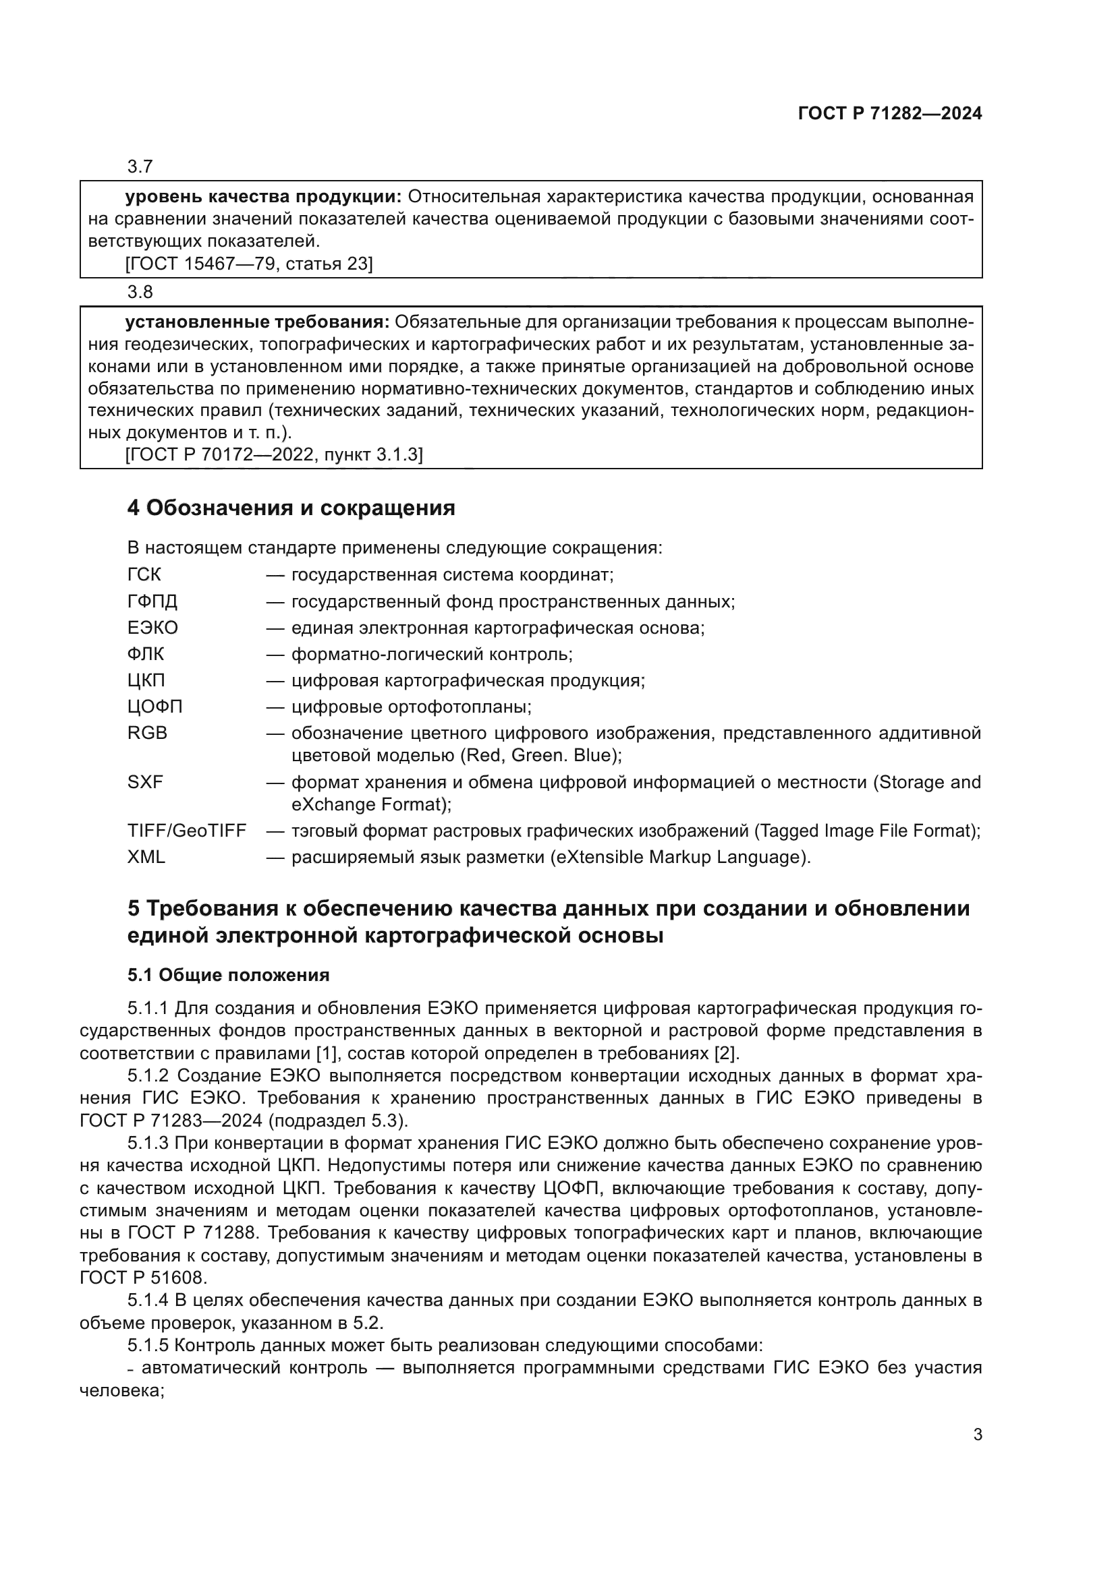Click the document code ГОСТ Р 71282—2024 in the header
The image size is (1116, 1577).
click(x=890, y=114)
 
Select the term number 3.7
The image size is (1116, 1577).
click(x=140, y=167)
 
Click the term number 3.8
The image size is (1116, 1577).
click(x=140, y=292)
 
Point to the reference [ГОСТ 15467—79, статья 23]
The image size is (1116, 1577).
click(x=249, y=264)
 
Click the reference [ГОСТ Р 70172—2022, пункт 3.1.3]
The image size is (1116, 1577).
click(x=274, y=454)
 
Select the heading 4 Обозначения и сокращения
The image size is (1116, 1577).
click(x=291, y=508)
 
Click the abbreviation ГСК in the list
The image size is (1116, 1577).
click(x=144, y=574)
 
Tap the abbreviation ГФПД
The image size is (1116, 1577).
click(x=152, y=601)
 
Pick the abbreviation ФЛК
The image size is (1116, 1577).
click(x=146, y=654)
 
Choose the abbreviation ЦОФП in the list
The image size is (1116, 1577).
click(x=155, y=706)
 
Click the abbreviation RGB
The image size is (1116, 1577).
click(x=147, y=733)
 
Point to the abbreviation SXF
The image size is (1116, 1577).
click(x=145, y=781)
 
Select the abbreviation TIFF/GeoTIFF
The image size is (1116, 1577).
click(x=186, y=831)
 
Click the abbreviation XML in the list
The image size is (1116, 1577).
click(x=146, y=857)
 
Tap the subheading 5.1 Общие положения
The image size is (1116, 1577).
click(x=228, y=976)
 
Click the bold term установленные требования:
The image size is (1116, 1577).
click(x=257, y=322)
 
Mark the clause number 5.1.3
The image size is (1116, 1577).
click(x=148, y=1143)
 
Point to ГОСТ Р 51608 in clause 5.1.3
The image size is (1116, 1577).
click(x=143, y=1278)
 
